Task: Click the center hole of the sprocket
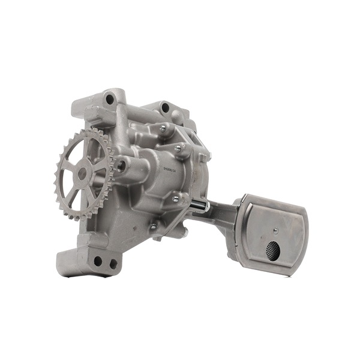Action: point(82,173)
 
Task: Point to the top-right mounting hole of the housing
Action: point(165,108)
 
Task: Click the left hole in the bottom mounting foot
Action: point(98,261)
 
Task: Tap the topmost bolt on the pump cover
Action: point(162,127)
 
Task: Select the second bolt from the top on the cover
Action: point(178,148)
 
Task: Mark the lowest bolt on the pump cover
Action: point(154,227)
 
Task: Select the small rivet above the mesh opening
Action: point(275,230)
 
